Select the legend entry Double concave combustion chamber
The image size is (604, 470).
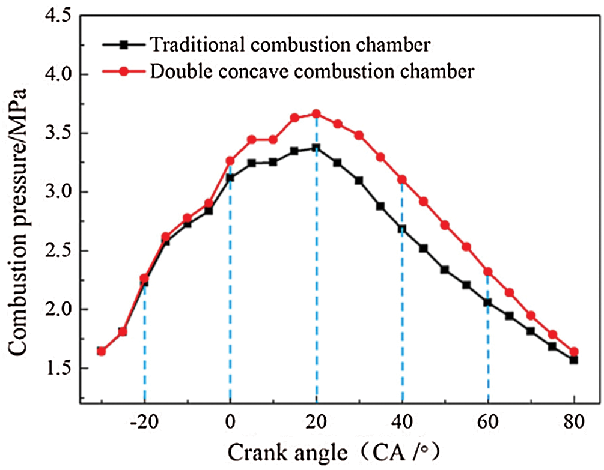(x=313, y=71)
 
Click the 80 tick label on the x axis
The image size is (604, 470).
(x=575, y=421)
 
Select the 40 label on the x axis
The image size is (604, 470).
(x=402, y=421)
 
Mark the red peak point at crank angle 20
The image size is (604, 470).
(x=316, y=113)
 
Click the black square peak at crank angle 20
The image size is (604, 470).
(x=316, y=148)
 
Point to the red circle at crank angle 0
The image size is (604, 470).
(x=230, y=161)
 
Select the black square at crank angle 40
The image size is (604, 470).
(x=402, y=229)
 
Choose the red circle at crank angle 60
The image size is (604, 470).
(x=488, y=271)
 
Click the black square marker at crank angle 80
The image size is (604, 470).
(x=574, y=360)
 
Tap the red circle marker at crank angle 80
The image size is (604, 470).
(x=574, y=352)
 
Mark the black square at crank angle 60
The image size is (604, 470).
(x=488, y=303)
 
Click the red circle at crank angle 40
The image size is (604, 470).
(x=402, y=179)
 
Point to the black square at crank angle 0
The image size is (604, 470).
(x=230, y=178)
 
